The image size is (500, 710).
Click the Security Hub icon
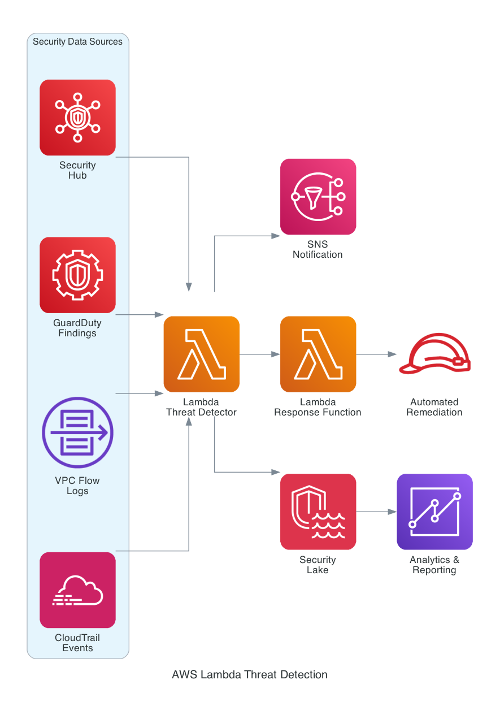(x=77, y=118)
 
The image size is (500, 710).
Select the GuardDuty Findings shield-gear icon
(x=77, y=275)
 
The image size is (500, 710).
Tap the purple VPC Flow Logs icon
(x=77, y=433)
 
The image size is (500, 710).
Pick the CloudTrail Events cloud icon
(x=77, y=590)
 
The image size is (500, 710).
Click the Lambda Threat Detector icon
(x=202, y=354)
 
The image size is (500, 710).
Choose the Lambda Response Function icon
(x=318, y=354)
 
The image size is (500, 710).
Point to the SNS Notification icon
(x=318, y=197)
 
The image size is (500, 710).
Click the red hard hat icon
(x=434, y=355)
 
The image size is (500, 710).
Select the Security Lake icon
(x=318, y=512)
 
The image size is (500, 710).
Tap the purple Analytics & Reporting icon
(x=434, y=512)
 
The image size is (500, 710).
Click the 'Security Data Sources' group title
(x=77, y=42)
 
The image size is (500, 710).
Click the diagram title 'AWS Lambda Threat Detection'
(x=250, y=674)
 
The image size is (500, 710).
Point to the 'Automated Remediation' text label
(x=434, y=407)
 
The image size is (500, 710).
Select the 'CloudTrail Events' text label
(x=77, y=643)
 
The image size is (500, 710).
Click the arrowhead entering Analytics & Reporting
(x=392, y=512)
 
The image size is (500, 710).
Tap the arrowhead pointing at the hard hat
(x=392, y=354)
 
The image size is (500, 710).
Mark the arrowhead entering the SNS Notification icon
(x=276, y=234)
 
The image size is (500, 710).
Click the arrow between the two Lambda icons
(x=259, y=354)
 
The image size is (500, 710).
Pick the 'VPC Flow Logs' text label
(x=77, y=486)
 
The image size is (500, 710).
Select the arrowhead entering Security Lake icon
(x=276, y=472)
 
